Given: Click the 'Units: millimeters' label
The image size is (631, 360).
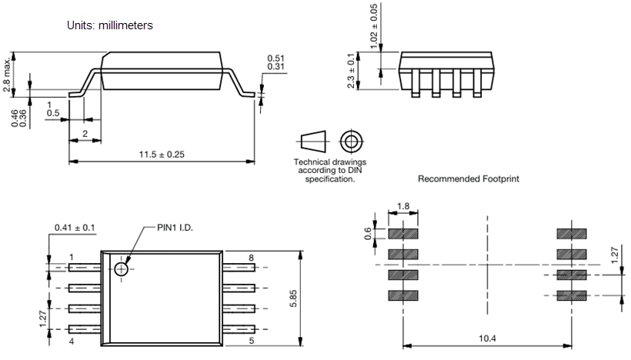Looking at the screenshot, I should (x=111, y=25).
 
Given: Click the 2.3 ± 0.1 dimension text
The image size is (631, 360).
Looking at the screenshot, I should (x=352, y=71).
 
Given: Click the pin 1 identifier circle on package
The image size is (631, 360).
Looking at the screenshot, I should (x=121, y=268).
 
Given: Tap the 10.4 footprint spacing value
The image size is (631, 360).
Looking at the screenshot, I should (x=487, y=338).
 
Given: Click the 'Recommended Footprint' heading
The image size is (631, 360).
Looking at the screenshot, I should (x=468, y=178).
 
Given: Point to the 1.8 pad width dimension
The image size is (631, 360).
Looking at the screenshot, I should (x=402, y=206).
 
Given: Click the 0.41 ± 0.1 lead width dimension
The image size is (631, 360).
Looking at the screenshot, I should (x=75, y=228).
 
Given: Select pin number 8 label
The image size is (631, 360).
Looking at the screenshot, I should (x=251, y=257).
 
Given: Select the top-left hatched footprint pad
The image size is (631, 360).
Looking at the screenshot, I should (x=402, y=233).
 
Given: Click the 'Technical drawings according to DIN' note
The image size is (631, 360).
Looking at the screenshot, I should (x=330, y=170).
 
